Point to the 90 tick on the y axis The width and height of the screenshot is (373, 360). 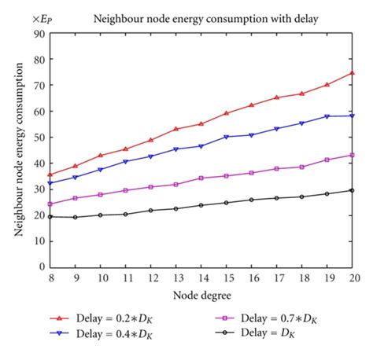[x=39, y=34]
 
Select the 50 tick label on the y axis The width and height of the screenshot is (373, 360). [x=39, y=138]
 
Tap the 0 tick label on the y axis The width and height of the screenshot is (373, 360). [x=41, y=267]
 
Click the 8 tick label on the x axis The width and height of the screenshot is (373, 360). [x=50, y=278]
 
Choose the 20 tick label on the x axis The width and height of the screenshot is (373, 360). [x=351, y=278]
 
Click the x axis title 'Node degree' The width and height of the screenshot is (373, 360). [x=201, y=296]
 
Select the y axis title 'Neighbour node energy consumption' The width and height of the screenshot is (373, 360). [x=17, y=149]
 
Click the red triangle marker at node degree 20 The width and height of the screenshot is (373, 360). [x=351, y=73]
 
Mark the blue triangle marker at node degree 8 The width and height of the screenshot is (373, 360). [x=50, y=183]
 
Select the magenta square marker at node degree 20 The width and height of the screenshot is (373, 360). [x=351, y=155]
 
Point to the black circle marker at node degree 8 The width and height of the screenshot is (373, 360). [x=50, y=216]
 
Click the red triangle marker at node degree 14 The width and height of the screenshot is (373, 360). [x=201, y=123]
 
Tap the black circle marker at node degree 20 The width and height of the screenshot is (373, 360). [x=351, y=190]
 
